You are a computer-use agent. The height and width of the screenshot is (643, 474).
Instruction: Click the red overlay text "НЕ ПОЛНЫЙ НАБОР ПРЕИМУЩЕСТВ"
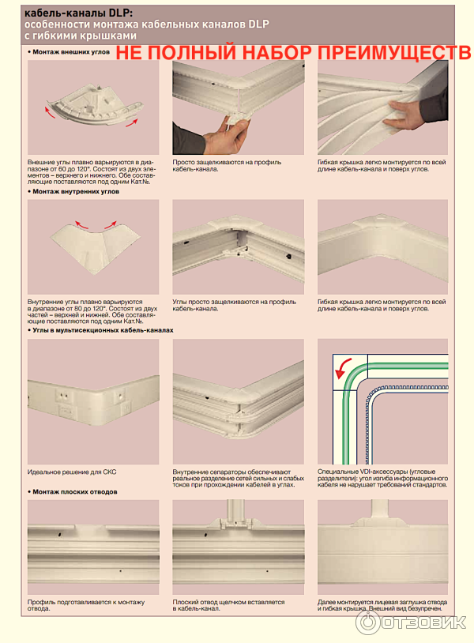pos(293,53)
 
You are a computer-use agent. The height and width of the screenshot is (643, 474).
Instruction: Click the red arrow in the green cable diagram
pos(343,368)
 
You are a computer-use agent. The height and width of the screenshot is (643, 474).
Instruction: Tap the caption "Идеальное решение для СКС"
pos(72,472)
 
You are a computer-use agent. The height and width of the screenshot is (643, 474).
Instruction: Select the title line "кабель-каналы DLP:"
pos(78,13)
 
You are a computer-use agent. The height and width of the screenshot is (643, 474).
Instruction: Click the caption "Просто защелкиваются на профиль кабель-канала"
pos(227,166)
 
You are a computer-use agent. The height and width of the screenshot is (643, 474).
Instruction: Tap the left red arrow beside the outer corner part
pos(50,112)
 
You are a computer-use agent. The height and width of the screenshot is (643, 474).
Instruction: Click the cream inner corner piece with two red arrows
pos(95,246)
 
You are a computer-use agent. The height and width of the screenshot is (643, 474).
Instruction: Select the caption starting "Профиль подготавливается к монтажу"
pos(86,605)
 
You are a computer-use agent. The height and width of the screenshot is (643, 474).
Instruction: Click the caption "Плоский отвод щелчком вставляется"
pos(228,605)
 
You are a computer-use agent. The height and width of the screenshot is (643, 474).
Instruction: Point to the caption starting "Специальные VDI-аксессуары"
pos(382,478)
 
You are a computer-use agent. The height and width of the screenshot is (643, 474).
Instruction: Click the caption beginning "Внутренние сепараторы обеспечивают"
pos(239,478)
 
